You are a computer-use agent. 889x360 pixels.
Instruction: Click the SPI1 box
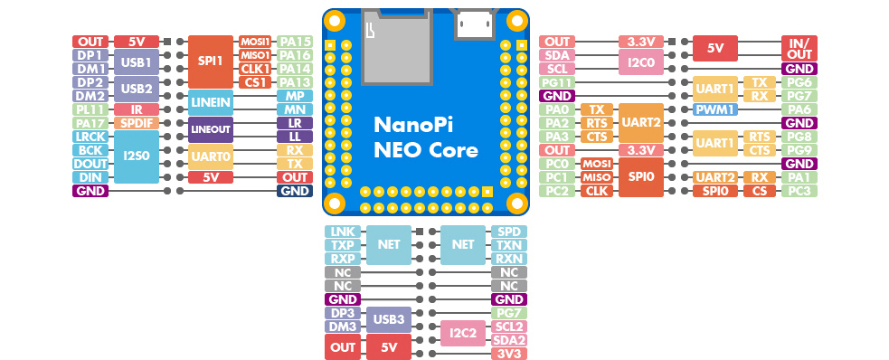[x=211, y=62]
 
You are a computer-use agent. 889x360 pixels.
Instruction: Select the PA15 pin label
[x=295, y=42]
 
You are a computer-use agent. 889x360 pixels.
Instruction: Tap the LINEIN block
[x=211, y=102]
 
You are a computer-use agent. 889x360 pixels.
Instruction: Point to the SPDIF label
[x=136, y=123]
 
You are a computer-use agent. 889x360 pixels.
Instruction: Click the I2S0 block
[x=136, y=157]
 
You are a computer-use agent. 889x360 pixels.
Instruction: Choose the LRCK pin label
[x=90, y=137]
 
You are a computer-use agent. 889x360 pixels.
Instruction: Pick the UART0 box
[x=211, y=157]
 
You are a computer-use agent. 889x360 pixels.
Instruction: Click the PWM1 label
[x=715, y=109]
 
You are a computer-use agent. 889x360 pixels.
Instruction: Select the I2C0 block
[x=640, y=62]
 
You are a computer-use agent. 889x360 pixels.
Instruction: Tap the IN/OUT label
[x=799, y=48]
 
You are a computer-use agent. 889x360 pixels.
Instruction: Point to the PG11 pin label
[x=557, y=82]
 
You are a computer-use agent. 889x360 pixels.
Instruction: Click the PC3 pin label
[x=799, y=191]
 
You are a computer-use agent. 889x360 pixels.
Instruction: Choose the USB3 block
[x=388, y=319]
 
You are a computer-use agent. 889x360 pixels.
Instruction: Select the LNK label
[x=343, y=232]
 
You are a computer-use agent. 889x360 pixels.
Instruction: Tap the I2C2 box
[x=463, y=334]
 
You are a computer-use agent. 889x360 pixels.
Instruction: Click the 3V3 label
[x=509, y=354]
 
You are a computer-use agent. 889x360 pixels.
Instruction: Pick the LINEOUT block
[x=211, y=130]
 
